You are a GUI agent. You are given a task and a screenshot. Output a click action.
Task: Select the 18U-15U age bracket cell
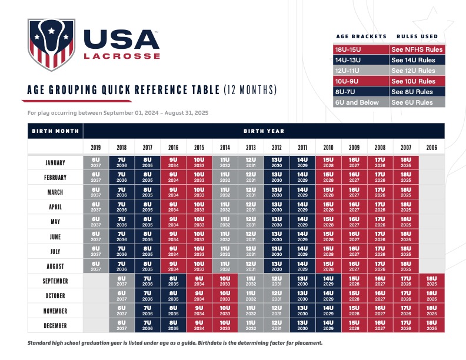pyautogui.click(x=359, y=49)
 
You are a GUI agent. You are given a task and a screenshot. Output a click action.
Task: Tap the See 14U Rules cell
pyautogui.click(x=416, y=59)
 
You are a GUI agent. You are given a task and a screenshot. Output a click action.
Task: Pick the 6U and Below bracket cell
pyautogui.click(x=359, y=102)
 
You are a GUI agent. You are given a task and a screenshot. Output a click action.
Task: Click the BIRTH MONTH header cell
pyautogui.click(x=55, y=131)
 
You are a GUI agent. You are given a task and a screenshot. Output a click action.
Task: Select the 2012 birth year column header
pyautogui.click(x=277, y=147)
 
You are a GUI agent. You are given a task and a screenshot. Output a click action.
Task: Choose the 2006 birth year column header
pyautogui.click(x=431, y=147)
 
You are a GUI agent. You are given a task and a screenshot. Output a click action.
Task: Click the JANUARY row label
pyautogui.click(x=55, y=162)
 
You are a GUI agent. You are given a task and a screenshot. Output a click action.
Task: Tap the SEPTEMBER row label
pyautogui.click(x=55, y=281)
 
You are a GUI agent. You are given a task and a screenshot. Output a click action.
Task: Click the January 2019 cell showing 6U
pyautogui.click(x=96, y=162)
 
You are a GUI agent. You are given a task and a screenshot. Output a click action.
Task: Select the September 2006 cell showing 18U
pyautogui.click(x=431, y=281)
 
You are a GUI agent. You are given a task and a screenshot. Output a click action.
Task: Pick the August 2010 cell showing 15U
pyautogui.click(x=328, y=266)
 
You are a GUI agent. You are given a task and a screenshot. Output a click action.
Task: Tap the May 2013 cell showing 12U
pyautogui.click(x=251, y=222)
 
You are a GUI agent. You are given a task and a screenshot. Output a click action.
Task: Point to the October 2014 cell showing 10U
pyautogui.click(x=225, y=296)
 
